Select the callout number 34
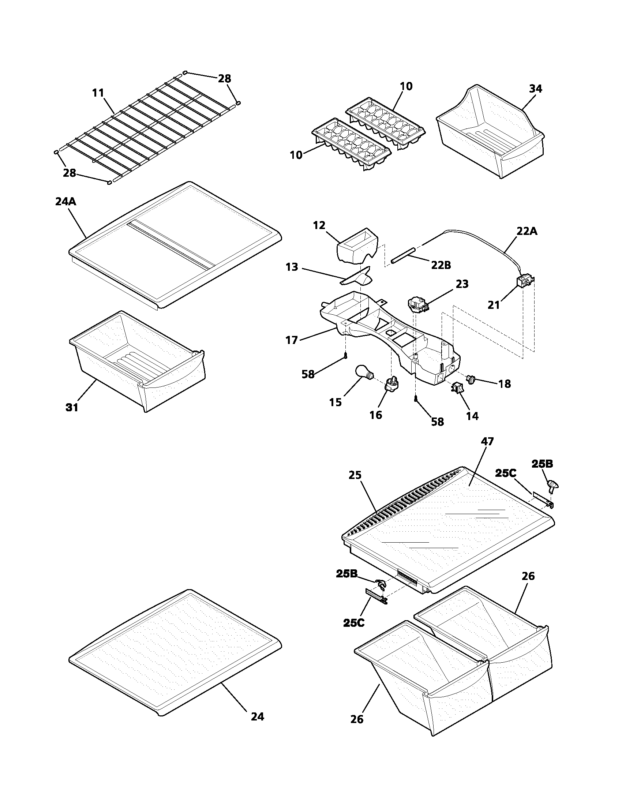[x=535, y=89]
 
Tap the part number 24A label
[x=65, y=202]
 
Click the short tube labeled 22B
[x=404, y=255]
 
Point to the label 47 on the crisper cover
[x=487, y=442]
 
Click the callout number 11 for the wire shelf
[x=98, y=93]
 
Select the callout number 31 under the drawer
[x=72, y=408]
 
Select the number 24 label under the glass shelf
[x=257, y=716]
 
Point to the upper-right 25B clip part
[x=552, y=486]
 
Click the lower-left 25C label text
[x=354, y=623]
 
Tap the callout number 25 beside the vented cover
[x=356, y=475]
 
